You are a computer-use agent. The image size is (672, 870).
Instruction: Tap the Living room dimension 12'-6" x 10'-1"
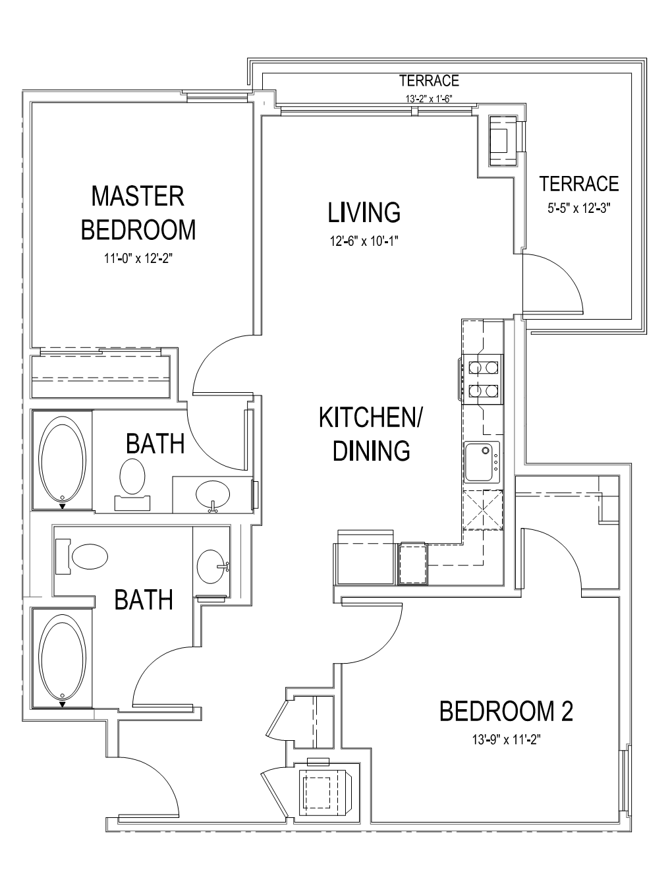click(x=364, y=241)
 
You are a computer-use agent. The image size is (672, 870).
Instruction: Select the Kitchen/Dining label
click(x=371, y=434)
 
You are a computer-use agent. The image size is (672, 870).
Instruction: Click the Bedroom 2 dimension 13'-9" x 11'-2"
click(x=506, y=740)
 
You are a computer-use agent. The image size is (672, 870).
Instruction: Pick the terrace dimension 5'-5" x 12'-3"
click(x=578, y=208)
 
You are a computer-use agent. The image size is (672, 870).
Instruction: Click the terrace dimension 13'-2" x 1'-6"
click(x=429, y=99)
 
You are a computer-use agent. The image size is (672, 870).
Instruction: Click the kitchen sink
click(x=482, y=461)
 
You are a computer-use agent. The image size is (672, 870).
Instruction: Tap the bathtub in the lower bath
click(x=63, y=658)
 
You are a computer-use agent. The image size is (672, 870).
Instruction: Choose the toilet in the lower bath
click(x=82, y=556)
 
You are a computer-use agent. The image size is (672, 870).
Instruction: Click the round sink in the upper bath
click(x=213, y=495)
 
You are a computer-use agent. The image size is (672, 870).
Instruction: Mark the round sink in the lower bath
click(x=211, y=567)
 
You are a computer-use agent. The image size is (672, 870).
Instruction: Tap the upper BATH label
click(x=155, y=444)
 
